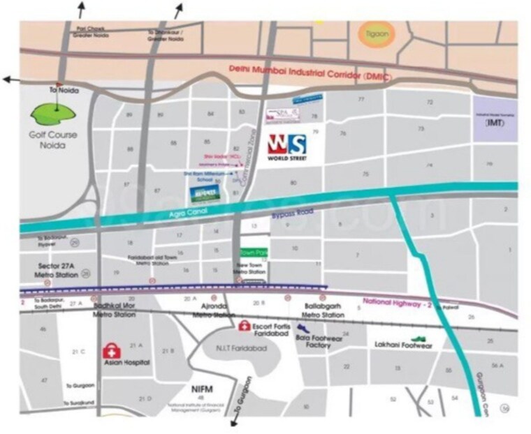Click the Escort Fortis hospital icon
(x=245, y=326)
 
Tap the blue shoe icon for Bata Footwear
(x=302, y=327)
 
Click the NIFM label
(x=201, y=388)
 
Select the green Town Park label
(x=251, y=251)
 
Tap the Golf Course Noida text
(x=53, y=140)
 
